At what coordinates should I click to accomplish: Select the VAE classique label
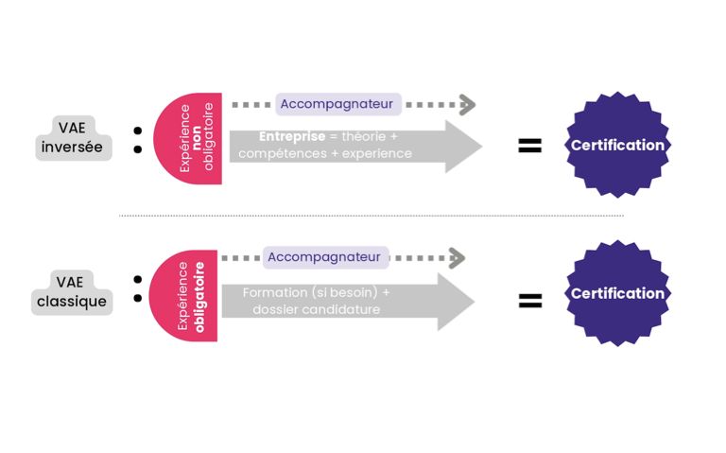coord(72,292)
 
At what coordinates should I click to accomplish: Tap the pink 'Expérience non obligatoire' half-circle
coord(187,138)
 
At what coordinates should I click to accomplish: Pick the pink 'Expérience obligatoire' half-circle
coord(183,296)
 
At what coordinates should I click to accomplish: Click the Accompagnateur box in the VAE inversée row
coord(338,104)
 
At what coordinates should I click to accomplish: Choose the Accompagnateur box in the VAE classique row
coord(325,257)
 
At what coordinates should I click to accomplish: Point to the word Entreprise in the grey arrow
coord(292,136)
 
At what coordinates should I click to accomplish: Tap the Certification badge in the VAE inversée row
coord(617,145)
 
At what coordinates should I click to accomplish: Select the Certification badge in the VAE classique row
coord(617,293)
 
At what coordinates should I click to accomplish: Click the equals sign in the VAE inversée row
coord(529,146)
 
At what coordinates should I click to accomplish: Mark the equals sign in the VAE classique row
coord(530,301)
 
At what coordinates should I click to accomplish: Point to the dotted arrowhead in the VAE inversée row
coord(468,105)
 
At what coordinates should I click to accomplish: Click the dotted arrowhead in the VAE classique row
coord(457,258)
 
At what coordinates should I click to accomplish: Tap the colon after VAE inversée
coord(137,140)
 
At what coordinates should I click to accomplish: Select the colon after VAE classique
coord(137,288)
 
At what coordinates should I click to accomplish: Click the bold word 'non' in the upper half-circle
coord(197,138)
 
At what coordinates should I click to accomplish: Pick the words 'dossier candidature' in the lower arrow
coord(317,309)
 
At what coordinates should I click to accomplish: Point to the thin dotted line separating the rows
coord(372,216)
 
